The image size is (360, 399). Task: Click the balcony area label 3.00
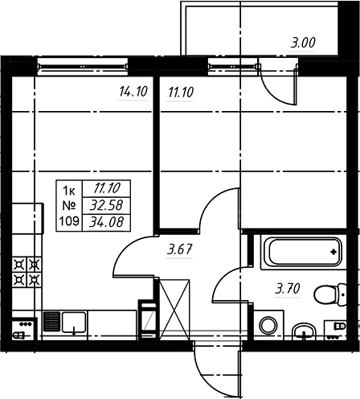pyautogui.click(x=303, y=43)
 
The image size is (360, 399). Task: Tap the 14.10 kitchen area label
pyautogui.click(x=133, y=92)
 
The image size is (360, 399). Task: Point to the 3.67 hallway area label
pyautogui.click(x=179, y=249)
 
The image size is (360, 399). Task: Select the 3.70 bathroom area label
pyautogui.click(x=288, y=289)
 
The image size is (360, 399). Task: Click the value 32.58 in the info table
pyautogui.click(x=106, y=205)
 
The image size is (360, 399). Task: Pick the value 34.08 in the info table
pyautogui.click(x=106, y=222)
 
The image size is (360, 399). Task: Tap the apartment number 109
pyautogui.click(x=69, y=221)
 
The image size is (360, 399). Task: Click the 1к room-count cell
pyautogui.click(x=69, y=191)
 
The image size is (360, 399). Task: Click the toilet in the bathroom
pyautogui.click(x=330, y=294)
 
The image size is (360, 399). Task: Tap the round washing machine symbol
pyautogui.click(x=268, y=325)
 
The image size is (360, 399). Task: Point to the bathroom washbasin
pyautogui.click(x=304, y=331)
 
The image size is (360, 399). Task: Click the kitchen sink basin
pyautogui.click(x=74, y=322)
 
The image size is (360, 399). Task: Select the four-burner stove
pyautogui.click(x=27, y=272)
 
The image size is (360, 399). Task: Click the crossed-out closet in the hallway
pyautogui.click(x=174, y=309)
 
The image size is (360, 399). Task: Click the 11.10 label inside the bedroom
pyautogui.click(x=181, y=93)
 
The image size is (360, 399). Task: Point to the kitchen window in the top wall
pyautogui.click(x=83, y=66)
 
